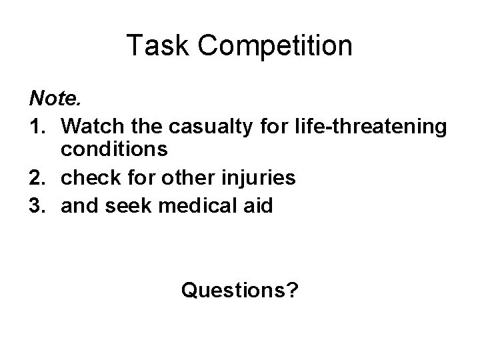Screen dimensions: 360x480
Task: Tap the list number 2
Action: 38,179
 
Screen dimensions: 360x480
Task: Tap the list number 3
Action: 38,206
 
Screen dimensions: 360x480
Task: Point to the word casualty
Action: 216,126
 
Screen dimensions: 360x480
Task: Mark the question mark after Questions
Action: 292,290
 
